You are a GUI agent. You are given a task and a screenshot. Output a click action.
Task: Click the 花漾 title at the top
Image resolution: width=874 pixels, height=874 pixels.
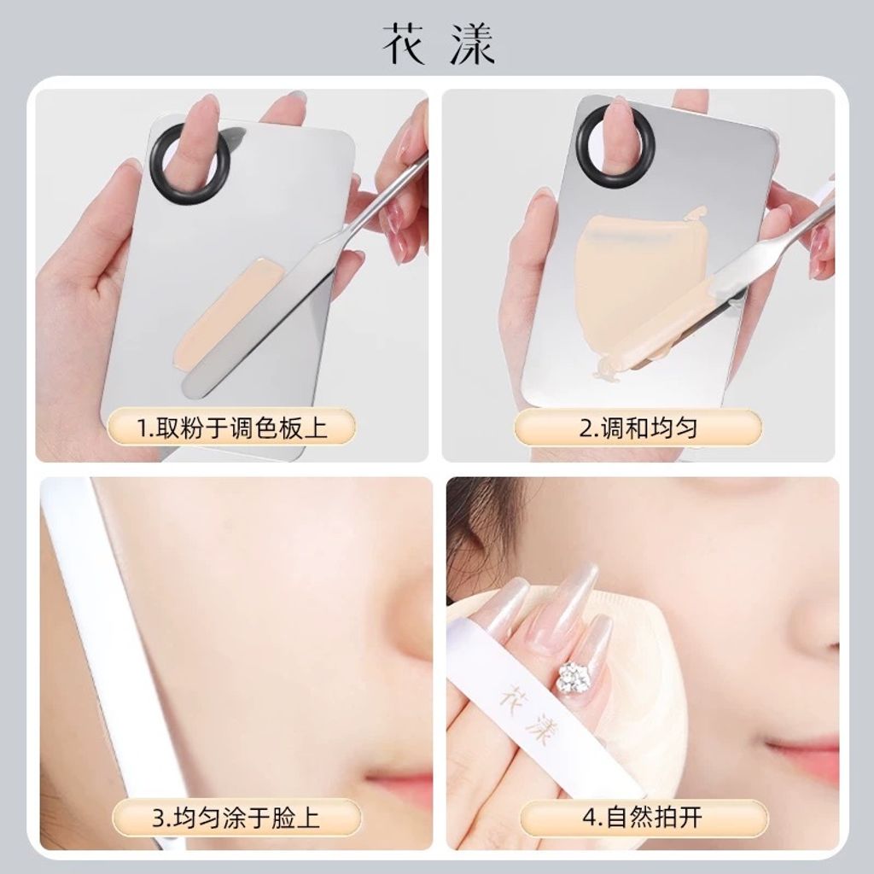pos(438,45)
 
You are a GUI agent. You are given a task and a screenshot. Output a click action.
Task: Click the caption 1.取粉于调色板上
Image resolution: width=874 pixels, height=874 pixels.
pos(231,428)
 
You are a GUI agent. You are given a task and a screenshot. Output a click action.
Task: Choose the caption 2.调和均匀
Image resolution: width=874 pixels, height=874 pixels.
pos(638,428)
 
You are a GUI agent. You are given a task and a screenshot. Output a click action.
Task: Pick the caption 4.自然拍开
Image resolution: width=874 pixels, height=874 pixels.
pos(643,818)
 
